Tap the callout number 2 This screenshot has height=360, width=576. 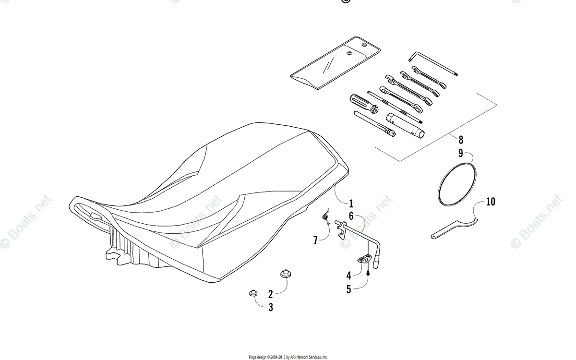coord(270,294)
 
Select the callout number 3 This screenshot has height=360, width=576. coord(270,308)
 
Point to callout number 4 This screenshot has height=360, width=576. coord(349,276)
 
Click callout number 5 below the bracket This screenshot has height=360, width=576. coord(349,289)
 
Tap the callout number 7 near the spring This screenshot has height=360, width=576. coord(315,240)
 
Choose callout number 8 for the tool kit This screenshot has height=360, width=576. coord(461,140)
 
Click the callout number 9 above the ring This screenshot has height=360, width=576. coord(461,154)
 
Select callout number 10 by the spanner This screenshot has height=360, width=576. coord(490,202)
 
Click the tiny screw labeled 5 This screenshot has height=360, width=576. coord(368,273)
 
